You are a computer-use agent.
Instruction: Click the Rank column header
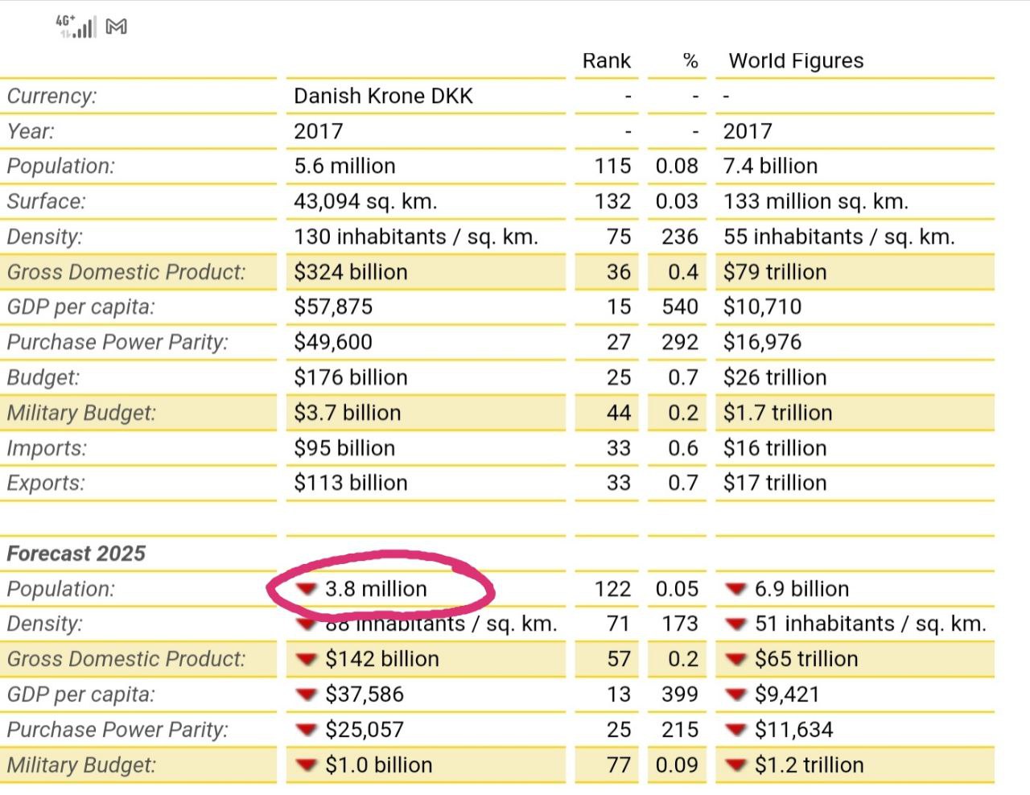pos(606,60)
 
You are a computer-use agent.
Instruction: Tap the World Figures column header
pos(796,61)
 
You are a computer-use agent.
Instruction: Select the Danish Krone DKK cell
pos(383,96)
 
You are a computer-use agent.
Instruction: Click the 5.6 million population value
pos(344,166)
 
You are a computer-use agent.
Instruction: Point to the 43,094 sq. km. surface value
pos(365,201)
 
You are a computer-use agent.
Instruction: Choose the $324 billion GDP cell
pos(350,272)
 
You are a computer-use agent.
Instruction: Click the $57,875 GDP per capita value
pos(333,307)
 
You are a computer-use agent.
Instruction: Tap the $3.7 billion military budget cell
pos(347,413)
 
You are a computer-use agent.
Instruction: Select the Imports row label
pos(47,448)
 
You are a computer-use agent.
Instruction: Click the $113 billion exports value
pos(350,483)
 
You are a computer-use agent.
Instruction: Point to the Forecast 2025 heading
pos(76,554)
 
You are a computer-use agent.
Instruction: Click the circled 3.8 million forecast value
pos(376,589)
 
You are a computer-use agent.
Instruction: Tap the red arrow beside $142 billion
pos(307,659)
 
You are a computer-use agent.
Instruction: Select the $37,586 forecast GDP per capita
pos(364,694)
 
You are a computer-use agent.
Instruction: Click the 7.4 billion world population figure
pos(770,166)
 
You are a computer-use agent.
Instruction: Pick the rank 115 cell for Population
pos(612,166)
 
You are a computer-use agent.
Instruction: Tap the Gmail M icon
pos(116,27)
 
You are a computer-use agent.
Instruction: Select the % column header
pos(690,60)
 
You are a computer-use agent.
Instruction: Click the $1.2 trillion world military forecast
pos(810,765)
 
